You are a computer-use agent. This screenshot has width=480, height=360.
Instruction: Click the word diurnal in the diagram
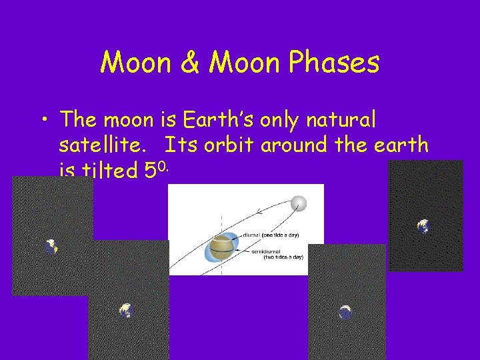click(253, 235)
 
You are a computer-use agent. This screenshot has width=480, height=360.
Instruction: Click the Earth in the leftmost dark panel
click(51, 247)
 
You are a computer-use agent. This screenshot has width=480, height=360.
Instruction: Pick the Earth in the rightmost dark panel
click(423, 227)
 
